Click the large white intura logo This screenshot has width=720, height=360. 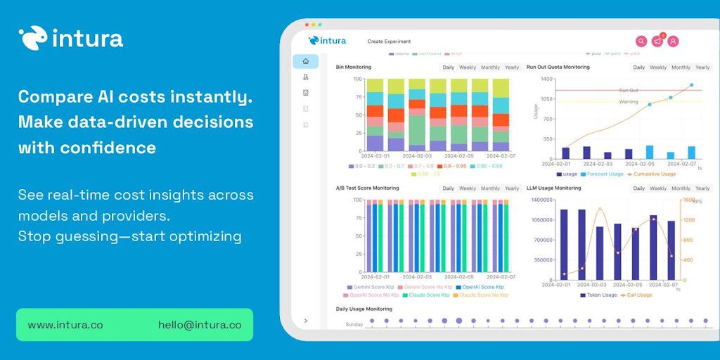71,38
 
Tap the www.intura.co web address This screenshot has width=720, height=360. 65,325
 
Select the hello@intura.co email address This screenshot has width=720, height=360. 200,325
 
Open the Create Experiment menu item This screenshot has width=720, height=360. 389,41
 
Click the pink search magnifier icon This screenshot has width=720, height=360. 641,41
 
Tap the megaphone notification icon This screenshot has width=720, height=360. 657,41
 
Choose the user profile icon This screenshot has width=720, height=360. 673,41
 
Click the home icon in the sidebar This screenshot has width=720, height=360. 305,61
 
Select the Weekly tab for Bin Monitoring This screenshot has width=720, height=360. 468,67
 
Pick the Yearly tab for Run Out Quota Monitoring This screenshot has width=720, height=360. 702,67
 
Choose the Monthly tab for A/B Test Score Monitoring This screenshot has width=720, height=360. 490,188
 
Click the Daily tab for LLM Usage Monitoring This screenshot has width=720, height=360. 638,188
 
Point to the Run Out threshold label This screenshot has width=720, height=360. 629,91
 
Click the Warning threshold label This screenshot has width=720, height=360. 629,102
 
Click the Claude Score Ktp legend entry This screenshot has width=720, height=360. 426,295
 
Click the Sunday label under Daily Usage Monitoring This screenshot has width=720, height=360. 354,324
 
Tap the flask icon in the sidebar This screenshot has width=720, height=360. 305,77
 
